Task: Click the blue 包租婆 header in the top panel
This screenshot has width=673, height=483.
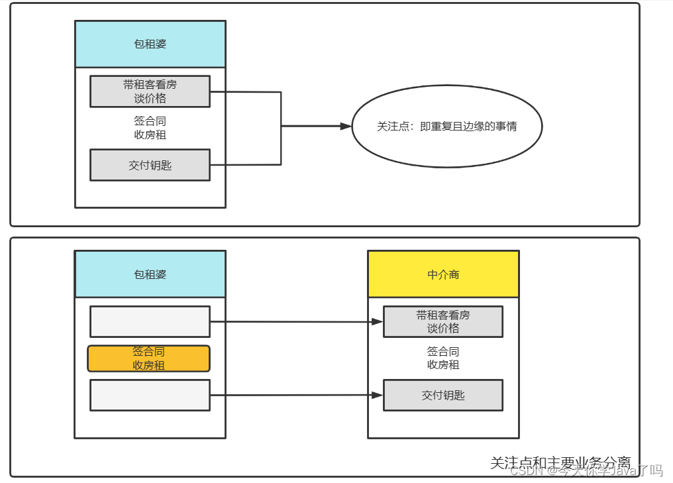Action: point(150,44)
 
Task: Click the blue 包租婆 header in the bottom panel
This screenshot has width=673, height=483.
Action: point(150,274)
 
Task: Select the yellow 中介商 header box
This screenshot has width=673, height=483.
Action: point(443,274)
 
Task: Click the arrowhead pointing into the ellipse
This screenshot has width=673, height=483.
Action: point(345,126)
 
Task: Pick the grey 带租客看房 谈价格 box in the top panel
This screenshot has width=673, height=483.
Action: point(150,91)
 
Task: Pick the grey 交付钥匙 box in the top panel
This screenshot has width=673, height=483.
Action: point(150,165)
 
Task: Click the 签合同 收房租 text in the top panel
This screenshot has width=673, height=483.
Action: point(150,128)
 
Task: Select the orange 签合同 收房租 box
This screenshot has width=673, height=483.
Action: point(148,358)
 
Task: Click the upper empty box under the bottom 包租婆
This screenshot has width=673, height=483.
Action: point(150,321)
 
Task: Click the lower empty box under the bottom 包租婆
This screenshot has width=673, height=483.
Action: point(150,395)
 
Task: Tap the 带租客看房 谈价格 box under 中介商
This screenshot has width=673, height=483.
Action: point(442,321)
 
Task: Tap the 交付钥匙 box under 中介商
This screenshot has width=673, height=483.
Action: point(442,395)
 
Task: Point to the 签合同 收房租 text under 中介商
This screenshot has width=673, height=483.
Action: point(442,358)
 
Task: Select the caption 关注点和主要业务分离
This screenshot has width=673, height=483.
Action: point(560,462)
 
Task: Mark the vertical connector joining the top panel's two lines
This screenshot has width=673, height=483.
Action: point(281,128)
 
